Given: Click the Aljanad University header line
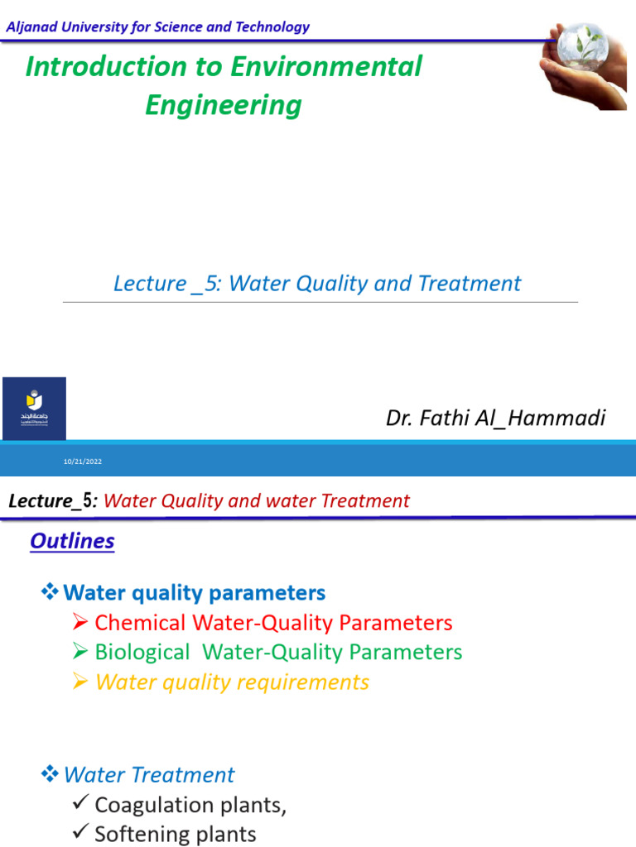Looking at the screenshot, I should point(157,26).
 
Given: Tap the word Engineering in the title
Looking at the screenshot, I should point(224,105).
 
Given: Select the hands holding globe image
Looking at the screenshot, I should point(583,67).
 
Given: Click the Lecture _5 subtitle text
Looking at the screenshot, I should point(317,284).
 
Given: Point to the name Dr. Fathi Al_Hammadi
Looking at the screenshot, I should point(495,418).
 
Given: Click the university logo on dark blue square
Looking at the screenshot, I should point(34,409).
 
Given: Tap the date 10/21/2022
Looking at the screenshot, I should point(83,462).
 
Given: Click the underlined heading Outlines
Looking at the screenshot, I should point(72,541).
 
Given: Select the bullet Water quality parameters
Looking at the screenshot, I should point(194,593).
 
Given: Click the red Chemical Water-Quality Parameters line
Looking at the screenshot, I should point(273,623).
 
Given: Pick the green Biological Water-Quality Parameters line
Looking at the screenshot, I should point(278,652).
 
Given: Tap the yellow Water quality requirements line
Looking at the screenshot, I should point(232,682).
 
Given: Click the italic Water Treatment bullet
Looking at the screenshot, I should point(149,775).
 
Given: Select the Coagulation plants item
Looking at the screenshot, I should point(190,805).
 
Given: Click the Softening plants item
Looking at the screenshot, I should point(176,834).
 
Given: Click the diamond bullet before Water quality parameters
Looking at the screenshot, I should point(50,592).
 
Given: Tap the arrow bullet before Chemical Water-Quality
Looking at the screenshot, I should point(80,623).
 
